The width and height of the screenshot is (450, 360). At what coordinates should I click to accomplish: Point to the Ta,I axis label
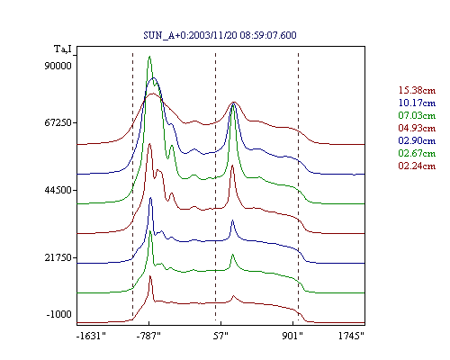coord(63,49)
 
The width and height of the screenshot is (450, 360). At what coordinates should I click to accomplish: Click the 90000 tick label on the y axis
coord(58,66)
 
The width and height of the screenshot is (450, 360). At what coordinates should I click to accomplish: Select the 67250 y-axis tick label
coord(58,122)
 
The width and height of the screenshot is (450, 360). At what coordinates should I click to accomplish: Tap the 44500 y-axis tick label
coord(58,190)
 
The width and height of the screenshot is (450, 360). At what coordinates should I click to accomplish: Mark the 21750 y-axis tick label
coord(58,257)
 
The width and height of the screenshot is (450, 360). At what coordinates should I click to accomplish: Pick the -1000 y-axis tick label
coord(59,314)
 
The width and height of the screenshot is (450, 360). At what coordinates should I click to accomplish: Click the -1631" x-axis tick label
coord(92,336)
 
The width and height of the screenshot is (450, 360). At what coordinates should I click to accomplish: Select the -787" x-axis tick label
coord(148,336)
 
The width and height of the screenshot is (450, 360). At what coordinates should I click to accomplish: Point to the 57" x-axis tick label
coord(220,336)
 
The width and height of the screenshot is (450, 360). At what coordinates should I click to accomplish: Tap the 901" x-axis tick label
coord(292,336)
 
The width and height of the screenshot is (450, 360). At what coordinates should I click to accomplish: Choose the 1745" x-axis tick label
coord(351,336)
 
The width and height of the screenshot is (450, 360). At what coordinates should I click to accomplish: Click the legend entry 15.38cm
coord(417,90)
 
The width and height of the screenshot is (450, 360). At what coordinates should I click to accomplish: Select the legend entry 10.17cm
coord(417,103)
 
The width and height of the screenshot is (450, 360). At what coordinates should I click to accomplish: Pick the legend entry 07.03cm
coord(417,115)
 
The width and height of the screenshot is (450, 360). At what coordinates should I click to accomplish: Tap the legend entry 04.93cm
coord(417,128)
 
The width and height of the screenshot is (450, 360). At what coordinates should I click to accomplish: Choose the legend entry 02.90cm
coord(417,140)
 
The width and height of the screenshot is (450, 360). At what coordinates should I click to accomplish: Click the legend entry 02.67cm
coord(417,153)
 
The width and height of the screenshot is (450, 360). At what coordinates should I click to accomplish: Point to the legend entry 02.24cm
coord(417,166)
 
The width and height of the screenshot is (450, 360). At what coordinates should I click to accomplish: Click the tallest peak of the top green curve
coord(149,56)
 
